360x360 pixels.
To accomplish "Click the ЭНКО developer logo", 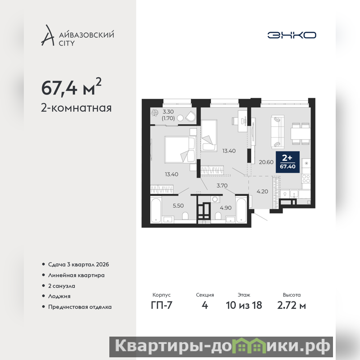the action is coord(292,35).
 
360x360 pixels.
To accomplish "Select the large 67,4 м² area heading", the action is coord(71,87).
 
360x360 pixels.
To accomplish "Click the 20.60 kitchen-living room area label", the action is coord(266,162).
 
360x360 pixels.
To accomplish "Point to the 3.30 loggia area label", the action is coord(168,112).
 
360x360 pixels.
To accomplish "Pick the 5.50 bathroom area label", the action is coord(178,206).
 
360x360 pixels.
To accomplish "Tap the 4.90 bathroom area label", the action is coord(226,208).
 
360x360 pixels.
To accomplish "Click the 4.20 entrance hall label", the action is coord(262,192).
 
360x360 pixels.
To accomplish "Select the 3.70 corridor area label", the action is coord(222,185).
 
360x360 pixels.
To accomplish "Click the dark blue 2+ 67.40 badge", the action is coord(288,162).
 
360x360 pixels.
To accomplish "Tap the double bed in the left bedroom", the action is coord(180,149).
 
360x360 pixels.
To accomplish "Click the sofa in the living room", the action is coord(278,131).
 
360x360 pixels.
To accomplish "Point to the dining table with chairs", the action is coord(301,134).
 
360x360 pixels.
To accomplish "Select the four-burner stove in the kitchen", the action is coord(306,178).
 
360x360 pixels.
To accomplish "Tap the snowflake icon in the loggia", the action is coord(155,113).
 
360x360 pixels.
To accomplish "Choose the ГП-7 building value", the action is coord(162,306).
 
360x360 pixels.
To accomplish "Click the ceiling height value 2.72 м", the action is coord(292,306).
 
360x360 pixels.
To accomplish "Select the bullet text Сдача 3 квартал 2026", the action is coord(78,265).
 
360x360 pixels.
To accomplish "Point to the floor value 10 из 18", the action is coord(244,306).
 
